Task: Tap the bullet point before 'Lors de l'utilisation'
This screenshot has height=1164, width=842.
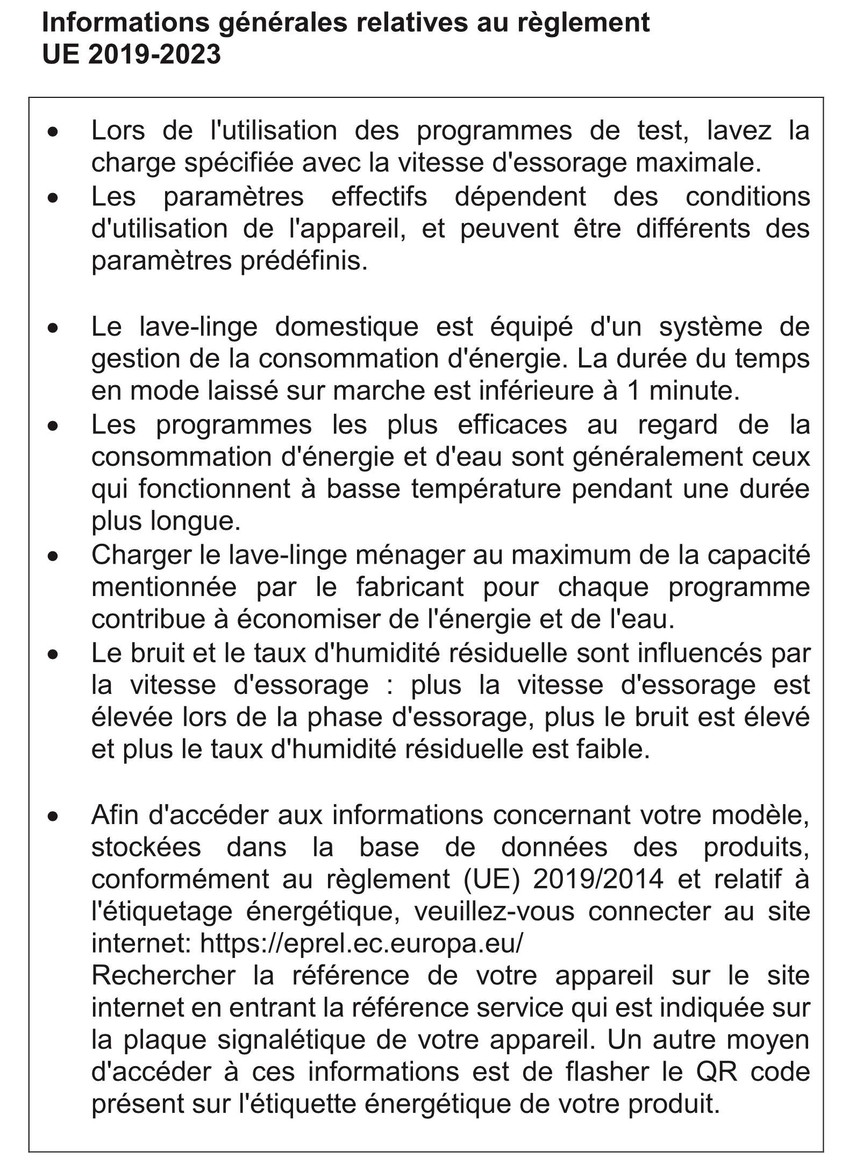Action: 52,131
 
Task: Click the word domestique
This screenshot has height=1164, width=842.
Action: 347,327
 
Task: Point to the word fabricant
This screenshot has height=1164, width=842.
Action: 410,587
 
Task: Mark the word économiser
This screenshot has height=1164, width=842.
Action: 316,620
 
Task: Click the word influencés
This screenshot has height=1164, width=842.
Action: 703,653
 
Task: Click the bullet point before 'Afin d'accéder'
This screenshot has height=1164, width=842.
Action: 52,817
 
